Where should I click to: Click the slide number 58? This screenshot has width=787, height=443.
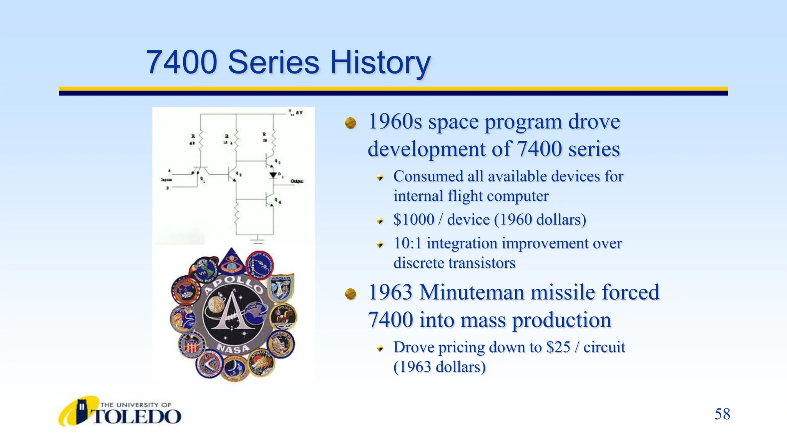(x=722, y=414)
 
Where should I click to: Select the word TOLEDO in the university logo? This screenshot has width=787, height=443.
(x=137, y=417)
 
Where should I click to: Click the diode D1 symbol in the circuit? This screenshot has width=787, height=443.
(x=273, y=175)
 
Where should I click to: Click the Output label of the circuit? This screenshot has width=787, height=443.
(x=297, y=181)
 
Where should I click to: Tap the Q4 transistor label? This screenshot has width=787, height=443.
(x=278, y=201)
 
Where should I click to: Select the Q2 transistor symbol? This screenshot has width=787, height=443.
(x=232, y=174)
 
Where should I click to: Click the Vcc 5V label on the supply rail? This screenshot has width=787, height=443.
(x=296, y=113)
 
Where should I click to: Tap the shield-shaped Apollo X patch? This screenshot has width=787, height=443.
(x=281, y=287)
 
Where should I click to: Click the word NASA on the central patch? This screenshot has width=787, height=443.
(x=233, y=348)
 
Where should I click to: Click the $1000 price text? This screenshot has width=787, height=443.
(x=413, y=220)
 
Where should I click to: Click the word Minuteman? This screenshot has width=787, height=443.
(x=472, y=292)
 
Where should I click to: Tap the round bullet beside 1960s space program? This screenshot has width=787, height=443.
(x=350, y=123)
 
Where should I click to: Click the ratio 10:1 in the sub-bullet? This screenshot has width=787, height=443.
(x=407, y=243)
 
